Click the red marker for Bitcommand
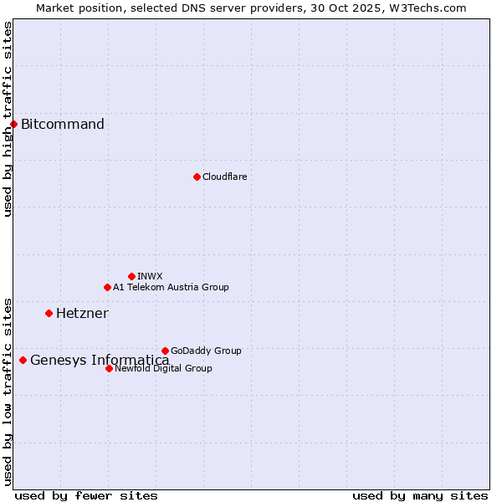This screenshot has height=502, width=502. pos(13,125)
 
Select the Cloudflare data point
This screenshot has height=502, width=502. pos(197,177)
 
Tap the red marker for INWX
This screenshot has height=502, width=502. pos(131,276)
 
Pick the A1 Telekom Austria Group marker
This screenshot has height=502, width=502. pos(107,287)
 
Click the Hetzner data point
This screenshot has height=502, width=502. pos(49,313)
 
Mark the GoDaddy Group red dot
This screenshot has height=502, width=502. pos(165,351)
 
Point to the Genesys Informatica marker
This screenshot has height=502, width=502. pos(23,360)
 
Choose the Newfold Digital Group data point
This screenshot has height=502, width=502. pos(109,368)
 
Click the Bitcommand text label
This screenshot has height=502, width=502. pos(63,125)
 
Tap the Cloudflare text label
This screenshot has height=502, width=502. pos(224,177)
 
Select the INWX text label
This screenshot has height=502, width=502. pos(150,276)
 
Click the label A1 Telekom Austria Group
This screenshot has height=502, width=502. pos(171,287)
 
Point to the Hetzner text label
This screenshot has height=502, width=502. pos(82,314)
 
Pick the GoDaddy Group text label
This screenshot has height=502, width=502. pos(206,351)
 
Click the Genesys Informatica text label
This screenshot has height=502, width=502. pos(100,361)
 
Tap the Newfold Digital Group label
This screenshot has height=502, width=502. pos(163,368)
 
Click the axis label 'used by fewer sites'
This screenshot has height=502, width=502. pos(86,495)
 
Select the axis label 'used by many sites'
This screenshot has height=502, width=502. pos(420,495)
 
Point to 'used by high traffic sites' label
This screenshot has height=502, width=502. pos(8,119)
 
